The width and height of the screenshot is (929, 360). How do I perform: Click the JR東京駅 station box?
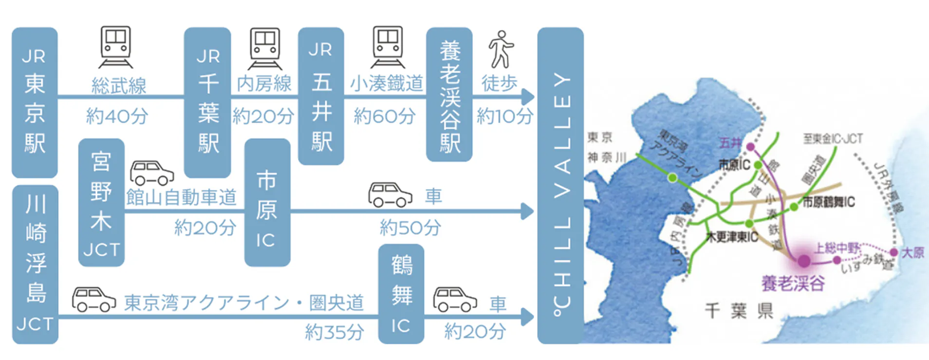click(35, 102)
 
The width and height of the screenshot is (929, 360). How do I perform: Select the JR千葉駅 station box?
click(207, 102)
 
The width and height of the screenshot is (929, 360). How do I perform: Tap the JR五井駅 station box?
click(321, 96)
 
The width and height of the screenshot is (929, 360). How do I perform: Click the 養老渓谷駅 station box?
click(449, 94)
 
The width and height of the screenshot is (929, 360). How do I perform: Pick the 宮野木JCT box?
click(101, 203)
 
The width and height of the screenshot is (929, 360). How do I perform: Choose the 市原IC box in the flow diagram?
click(267, 203)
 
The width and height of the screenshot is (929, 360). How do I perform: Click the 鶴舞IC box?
click(401, 294)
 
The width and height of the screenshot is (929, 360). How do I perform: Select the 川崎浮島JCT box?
click(35, 265)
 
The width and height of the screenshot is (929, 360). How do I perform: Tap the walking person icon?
click(501, 49)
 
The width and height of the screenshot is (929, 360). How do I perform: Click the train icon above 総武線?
click(116, 47)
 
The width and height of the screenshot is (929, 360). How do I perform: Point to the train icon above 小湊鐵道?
click(388, 47)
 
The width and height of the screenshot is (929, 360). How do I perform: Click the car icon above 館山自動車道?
click(151, 173)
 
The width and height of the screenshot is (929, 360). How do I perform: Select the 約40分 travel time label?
click(117, 116)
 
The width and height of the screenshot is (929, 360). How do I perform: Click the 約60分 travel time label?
click(385, 116)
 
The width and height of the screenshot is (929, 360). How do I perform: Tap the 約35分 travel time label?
click(334, 332)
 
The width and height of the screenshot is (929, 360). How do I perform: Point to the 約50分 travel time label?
click(410, 227)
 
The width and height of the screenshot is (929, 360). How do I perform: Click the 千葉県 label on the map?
click(739, 310)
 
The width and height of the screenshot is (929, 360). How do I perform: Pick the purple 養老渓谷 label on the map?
click(793, 283)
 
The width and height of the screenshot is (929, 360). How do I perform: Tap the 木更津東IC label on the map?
click(732, 237)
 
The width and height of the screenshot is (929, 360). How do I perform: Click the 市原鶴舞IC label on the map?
click(828, 202)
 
